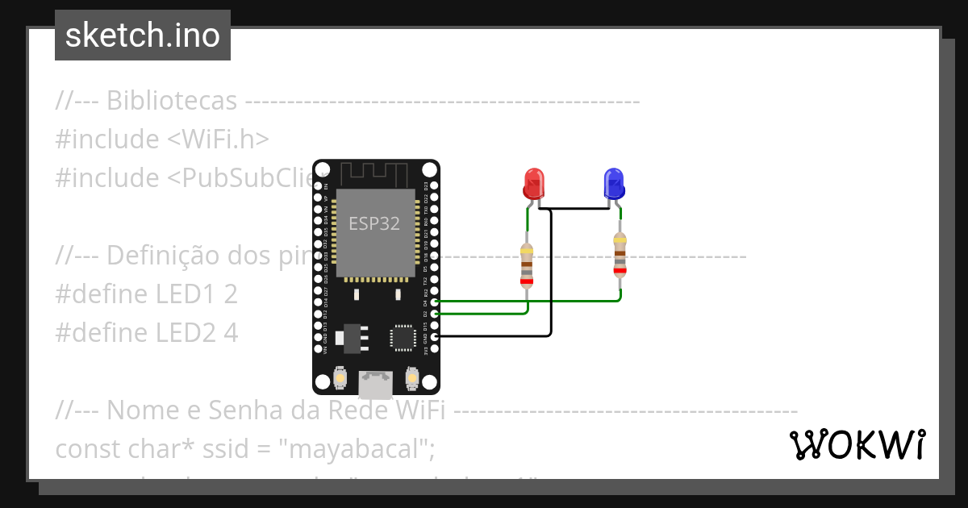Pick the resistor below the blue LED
pyautogui.click(x=620, y=254)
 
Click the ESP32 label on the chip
pyautogui.click(x=374, y=224)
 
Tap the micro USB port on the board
pyautogui.click(x=376, y=384)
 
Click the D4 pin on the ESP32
pyautogui.click(x=436, y=301)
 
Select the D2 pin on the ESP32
pyautogui.click(x=436, y=313)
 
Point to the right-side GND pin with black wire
pyautogui.click(x=436, y=336)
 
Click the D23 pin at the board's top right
pyautogui.click(x=436, y=185)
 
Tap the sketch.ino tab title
pyautogui.click(x=143, y=35)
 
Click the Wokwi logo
pyautogui.click(x=857, y=445)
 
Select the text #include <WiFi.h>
pyautogui.click(x=162, y=139)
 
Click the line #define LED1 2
pyautogui.click(x=146, y=294)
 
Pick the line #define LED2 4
pyautogui.click(x=146, y=332)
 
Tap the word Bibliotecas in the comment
pyautogui.click(x=172, y=101)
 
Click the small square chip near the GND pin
pyautogui.click(x=403, y=337)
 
